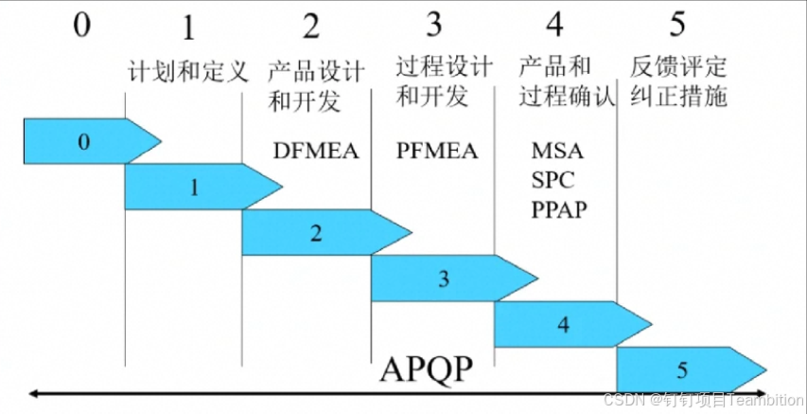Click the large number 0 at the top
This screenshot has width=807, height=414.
tap(82, 25)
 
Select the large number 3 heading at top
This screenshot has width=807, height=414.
tap(433, 25)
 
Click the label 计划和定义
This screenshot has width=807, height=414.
tap(187, 70)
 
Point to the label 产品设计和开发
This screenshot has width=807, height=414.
tap(305, 84)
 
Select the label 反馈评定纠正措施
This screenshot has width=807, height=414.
tap(679, 82)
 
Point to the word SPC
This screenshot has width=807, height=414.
tap(553, 179)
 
